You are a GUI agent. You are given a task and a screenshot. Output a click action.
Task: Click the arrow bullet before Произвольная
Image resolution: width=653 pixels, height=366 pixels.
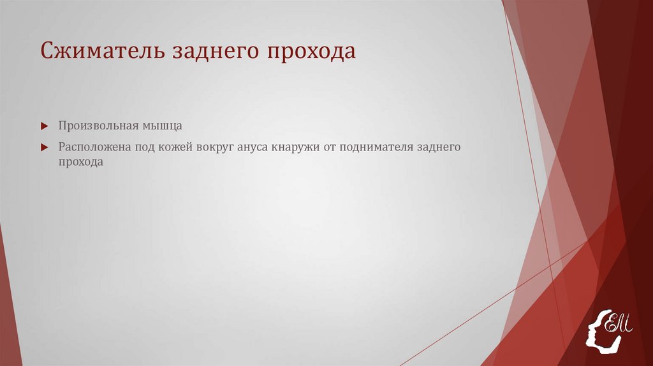44,126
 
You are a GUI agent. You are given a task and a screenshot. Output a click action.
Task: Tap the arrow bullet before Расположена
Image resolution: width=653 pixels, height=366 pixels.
44,147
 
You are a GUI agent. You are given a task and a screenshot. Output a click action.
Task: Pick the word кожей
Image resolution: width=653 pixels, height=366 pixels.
175,147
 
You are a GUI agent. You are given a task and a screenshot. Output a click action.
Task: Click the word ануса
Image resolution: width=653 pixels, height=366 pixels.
253,147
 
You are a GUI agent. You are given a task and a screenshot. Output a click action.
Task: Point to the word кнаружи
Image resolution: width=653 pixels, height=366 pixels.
295,147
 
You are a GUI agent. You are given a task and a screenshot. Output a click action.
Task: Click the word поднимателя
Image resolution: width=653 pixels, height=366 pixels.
376,147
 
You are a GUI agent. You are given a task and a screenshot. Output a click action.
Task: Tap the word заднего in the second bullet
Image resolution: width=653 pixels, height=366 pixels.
438,147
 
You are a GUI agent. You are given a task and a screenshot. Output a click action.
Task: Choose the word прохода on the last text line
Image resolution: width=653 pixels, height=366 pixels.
81,163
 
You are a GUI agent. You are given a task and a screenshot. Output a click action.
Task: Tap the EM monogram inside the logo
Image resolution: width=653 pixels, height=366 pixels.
619,323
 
